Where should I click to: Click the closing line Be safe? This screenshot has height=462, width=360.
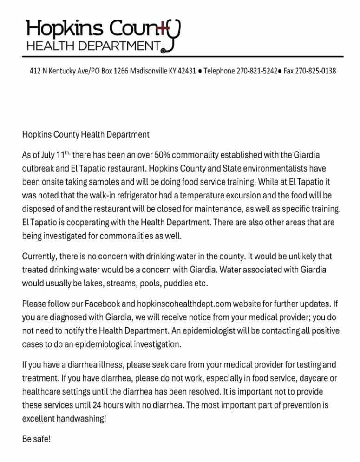point(36,439)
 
